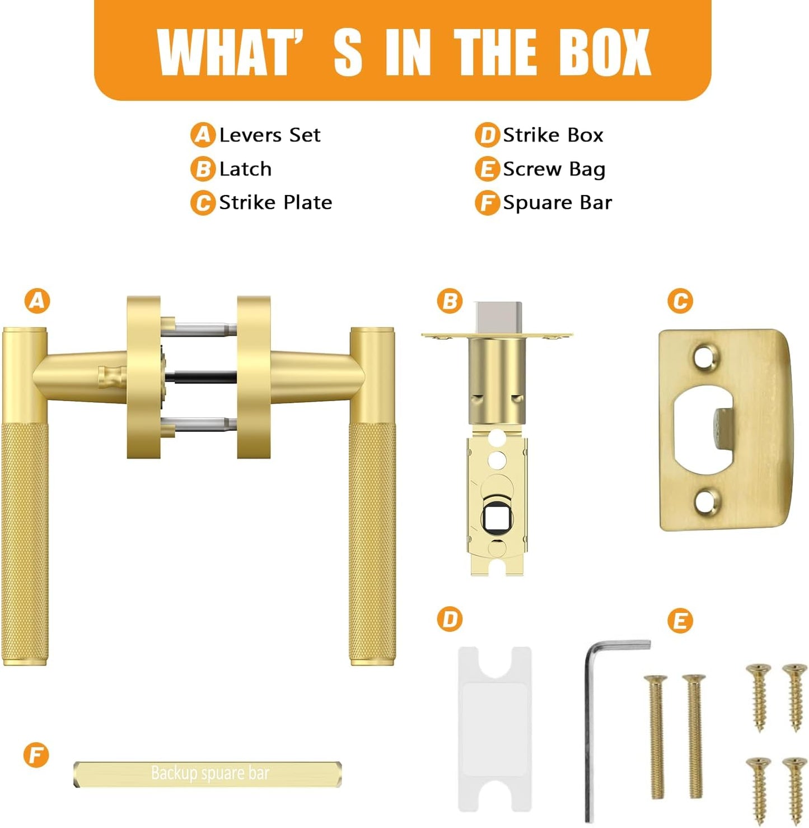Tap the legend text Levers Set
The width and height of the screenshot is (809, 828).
tap(269, 136)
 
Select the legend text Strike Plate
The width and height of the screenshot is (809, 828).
tap(275, 203)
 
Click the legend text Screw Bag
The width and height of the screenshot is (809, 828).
tap(554, 169)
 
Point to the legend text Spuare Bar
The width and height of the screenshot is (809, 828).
tap(557, 203)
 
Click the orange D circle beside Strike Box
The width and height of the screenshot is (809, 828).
tap(487, 136)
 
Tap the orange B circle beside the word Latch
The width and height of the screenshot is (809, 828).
tap(203, 169)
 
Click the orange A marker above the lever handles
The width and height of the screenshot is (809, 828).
tap(37, 301)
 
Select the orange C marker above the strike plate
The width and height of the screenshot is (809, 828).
tap(680, 301)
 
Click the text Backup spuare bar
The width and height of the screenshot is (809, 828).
tap(210, 773)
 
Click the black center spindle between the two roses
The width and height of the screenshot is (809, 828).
tap(200, 376)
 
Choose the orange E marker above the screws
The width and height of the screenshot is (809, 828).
tap(680, 621)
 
